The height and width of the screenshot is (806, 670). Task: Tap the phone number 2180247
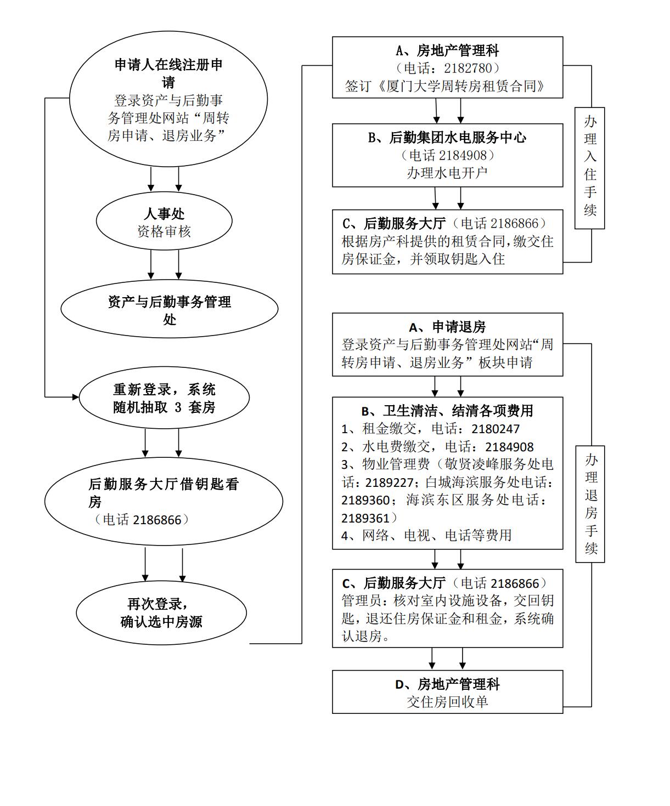[x=496, y=429]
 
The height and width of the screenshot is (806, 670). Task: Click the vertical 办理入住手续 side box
[x=590, y=168]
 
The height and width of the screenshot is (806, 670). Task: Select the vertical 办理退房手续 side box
[x=590, y=504]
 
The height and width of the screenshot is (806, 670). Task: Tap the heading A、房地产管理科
[x=447, y=51]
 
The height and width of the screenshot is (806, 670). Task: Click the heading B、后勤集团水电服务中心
[x=447, y=138]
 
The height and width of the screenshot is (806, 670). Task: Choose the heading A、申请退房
[x=447, y=327]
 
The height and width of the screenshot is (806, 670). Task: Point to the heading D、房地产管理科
[x=447, y=684]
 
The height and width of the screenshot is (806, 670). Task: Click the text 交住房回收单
[x=447, y=702]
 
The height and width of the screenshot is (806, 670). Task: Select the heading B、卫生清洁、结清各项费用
[x=447, y=411]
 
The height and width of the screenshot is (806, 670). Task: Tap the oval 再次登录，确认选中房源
[x=161, y=613]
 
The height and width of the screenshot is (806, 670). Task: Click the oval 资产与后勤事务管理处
[x=169, y=310]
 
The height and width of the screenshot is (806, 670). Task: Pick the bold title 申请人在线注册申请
[x=168, y=73]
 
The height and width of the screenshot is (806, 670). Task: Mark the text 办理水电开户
[x=447, y=173]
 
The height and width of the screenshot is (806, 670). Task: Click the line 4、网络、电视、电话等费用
[x=426, y=535]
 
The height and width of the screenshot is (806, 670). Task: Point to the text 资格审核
[x=164, y=231]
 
